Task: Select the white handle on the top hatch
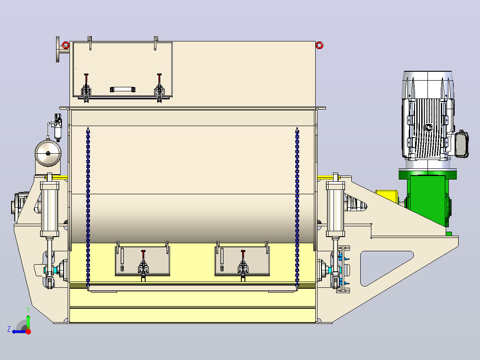pyautogui.click(x=123, y=90)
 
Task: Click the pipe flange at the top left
pyautogui.click(x=58, y=49)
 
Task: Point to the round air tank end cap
pyautogui.click(x=48, y=153)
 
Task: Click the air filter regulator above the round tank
pyautogui.click(x=58, y=127)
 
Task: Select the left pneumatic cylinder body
pyautogui.click(x=49, y=209)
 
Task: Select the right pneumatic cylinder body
pyautogui.click(x=336, y=209)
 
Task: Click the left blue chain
pyautogui.click(x=88, y=209)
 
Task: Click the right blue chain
pyautogui.click(x=297, y=209)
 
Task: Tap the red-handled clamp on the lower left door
pyautogui.click(x=143, y=265)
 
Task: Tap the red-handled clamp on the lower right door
pyautogui.click(x=243, y=265)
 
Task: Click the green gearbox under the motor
pyautogui.click(x=428, y=199)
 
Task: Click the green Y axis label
pyautogui.click(x=28, y=310)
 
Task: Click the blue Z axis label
pyautogui.click(x=9, y=329)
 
